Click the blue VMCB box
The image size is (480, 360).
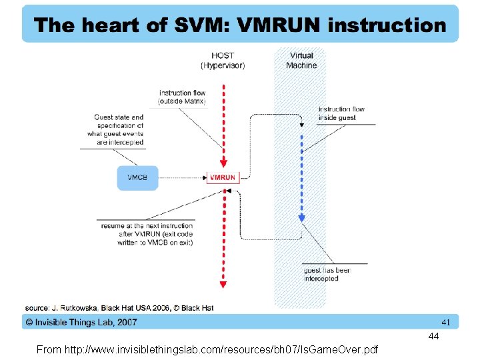pyautogui.click(x=138, y=177)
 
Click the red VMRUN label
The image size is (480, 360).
pyautogui.click(x=223, y=177)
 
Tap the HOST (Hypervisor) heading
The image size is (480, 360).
pyautogui.click(x=223, y=61)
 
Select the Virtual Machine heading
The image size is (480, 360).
pyautogui.click(x=301, y=61)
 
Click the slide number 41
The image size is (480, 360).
pyautogui.click(x=446, y=322)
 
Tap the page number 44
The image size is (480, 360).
pyautogui.click(x=433, y=336)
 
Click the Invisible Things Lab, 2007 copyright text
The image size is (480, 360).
pyautogui.click(x=81, y=322)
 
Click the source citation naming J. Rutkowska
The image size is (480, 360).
pyautogui.click(x=119, y=308)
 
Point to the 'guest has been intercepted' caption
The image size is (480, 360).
pyautogui.click(x=327, y=274)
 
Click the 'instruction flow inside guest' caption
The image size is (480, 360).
pyautogui.click(x=341, y=113)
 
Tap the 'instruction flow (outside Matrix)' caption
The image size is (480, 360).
pyautogui.click(x=182, y=97)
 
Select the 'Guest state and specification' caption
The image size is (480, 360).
pyautogui.click(x=119, y=129)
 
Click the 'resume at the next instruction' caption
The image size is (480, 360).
pyautogui.click(x=147, y=234)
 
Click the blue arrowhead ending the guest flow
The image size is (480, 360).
pyautogui.click(x=301, y=218)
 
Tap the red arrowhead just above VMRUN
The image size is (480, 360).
pyautogui.click(x=223, y=163)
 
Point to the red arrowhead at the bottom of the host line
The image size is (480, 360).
pyautogui.click(x=223, y=285)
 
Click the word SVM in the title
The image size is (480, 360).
pyautogui.click(x=193, y=26)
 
